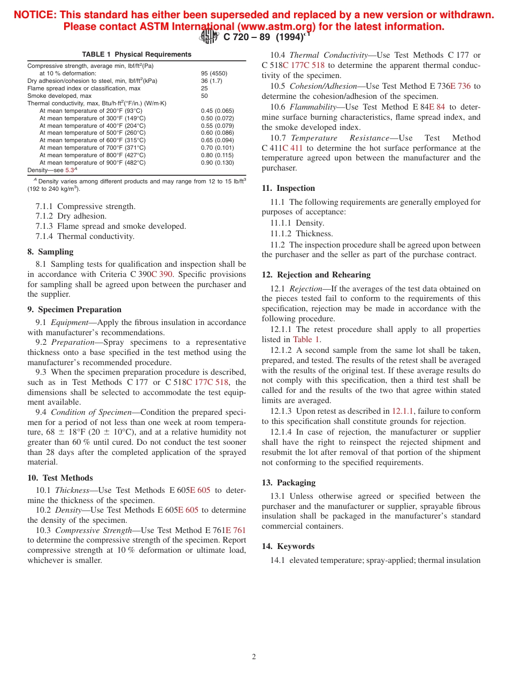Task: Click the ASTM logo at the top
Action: (x=209, y=37)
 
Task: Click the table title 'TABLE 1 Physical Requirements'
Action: (x=136, y=55)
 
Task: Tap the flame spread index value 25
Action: (x=204, y=88)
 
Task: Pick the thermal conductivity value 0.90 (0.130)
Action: (x=217, y=163)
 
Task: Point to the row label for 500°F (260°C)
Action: (x=92, y=133)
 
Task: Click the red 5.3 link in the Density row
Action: (x=70, y=170)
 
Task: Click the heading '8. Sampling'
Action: (x=50, y=252)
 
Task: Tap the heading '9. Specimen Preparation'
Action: (x=74, y=310)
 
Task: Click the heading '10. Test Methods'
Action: (x=60, y=478)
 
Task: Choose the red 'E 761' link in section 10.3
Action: (x=236, y=530)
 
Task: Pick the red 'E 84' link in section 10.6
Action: (x=437, y=107)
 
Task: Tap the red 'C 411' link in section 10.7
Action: (x=293, y=148)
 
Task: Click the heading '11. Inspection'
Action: (x=288, y=188)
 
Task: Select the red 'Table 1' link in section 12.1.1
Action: (x=306, y=339)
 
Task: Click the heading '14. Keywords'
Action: (x=288, y=546)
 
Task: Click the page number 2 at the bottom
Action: (x=254, y=657)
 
